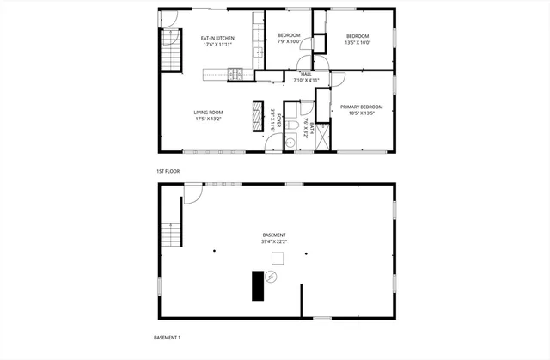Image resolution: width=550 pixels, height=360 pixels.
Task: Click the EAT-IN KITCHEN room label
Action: point(217,38)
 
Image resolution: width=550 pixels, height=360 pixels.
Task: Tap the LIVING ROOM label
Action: point(208,113)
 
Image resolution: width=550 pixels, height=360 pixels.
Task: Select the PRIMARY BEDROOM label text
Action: point(361,107)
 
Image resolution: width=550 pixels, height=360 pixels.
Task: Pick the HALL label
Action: point(306,74)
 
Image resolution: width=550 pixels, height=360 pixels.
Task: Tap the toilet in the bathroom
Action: point(292,128)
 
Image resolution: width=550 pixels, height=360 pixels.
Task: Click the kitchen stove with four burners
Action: point(235,74)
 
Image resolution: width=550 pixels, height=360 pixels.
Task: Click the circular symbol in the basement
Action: point(272,276)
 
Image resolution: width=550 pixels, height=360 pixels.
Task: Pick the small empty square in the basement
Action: point(278,258)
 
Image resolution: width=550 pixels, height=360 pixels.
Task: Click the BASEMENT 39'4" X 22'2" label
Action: point(274,239)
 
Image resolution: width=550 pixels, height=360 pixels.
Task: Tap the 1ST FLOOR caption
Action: point(167,171)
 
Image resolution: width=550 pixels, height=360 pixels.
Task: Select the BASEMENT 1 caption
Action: point(168,338)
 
